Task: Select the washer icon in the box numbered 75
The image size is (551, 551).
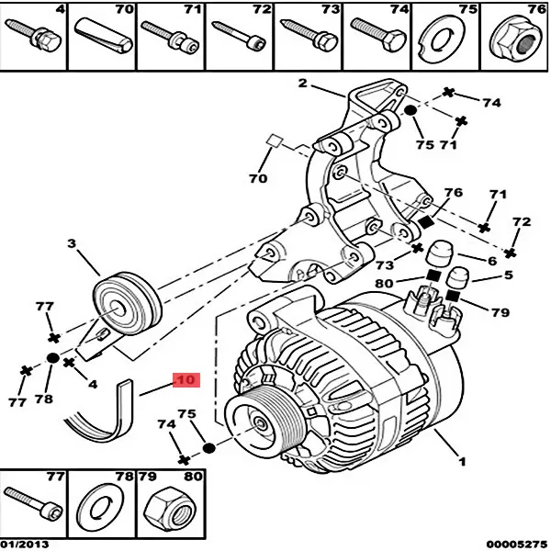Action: [x=446, y=38]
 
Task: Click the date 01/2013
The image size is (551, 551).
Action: [x=27, y=544]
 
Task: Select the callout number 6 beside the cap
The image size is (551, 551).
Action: [x=492, y=260]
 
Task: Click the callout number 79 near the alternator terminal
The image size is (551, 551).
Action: [x=500, y=313]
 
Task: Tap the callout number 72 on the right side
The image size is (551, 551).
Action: [x=521, y=222]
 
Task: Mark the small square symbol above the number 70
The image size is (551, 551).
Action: [x=272, y=141]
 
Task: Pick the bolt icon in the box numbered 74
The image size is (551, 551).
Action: [x=377, y=38]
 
